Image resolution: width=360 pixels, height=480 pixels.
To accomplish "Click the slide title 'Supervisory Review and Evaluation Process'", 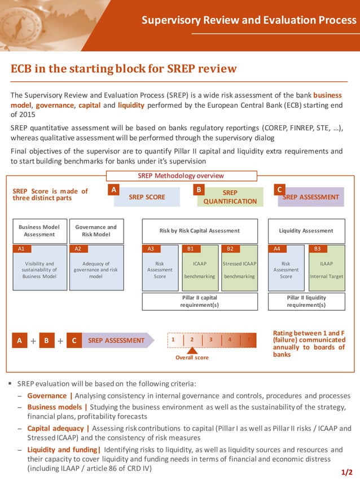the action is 249,20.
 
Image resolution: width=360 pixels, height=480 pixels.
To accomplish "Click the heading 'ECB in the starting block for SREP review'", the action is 124,69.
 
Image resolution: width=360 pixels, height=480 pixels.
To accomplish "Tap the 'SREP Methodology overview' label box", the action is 181,176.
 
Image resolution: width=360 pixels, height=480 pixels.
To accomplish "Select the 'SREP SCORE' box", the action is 147,197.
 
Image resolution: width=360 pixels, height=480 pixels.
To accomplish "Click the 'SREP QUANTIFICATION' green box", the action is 230,197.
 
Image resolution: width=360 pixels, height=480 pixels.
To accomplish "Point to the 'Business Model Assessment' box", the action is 39,231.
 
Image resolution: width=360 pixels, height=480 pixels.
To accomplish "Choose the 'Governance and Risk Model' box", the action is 96,231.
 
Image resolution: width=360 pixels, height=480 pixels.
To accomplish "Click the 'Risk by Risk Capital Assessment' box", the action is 200,231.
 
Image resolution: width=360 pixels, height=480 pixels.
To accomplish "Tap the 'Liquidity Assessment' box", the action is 306,231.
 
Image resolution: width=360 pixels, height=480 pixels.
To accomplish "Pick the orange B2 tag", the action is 230,249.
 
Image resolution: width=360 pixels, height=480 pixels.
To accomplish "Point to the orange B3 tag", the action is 317,249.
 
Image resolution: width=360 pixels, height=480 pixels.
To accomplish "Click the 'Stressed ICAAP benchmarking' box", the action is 239,271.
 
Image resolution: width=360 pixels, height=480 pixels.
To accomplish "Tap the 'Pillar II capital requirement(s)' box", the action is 200,301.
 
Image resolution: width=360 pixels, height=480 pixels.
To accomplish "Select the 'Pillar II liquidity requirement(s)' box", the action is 306,301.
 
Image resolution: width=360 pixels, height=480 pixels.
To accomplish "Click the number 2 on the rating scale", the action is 192,340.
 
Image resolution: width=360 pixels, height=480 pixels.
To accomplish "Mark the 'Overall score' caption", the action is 192,358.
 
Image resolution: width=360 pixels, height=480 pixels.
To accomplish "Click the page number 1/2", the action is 347,472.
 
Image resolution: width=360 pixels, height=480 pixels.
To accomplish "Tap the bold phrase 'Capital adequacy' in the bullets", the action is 56,428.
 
